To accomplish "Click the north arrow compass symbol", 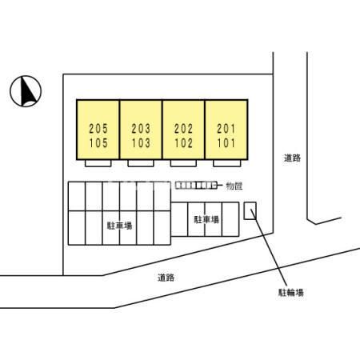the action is pos(26,91).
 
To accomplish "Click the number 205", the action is pos(98,129).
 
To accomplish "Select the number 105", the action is pos(98,143).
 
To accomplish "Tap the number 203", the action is pos(141,129).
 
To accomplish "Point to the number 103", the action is pos(141,143).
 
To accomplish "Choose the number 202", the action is pos(183,129).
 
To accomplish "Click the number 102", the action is pos(183,143).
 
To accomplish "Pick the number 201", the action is pos(226,129).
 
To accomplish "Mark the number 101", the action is pos(226,143).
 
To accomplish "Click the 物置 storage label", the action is pos(234,186).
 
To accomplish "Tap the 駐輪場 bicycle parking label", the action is pos(291,293).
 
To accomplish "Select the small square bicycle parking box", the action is pos(250,210).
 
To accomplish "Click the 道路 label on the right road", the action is pos(292,158).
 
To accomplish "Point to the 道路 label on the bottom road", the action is pos(166,278).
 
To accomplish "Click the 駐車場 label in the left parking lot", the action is pos(120,226).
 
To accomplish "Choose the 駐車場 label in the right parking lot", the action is pos(206,219).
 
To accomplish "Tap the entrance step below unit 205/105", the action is pos(98,163).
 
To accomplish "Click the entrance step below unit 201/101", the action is pos(227,163).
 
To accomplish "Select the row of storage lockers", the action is pos(196,185).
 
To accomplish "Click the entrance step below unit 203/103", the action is pos(141,163).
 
